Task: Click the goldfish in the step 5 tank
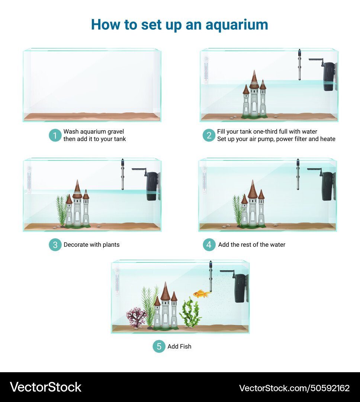point(202,294)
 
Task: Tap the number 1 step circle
point(55,135)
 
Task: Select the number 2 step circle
point(209,135)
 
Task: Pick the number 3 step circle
point(55,245)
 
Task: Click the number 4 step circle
point(209,245)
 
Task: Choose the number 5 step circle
point(159,346)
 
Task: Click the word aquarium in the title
point(237,25)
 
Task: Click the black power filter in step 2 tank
point(328,76)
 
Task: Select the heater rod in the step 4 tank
point(298,175)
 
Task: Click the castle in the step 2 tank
point(254,97)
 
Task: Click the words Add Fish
point(179,347)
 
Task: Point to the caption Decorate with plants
point(91,245)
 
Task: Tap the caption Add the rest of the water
point(252,245)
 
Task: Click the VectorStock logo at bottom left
point(45,387)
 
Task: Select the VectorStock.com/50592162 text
point(294,388)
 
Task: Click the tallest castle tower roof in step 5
point(165,292)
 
